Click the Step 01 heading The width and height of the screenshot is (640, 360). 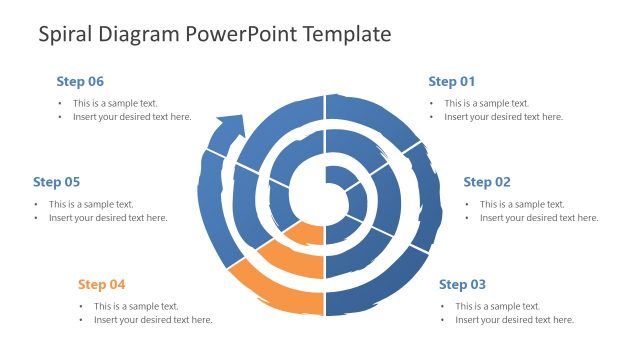click(x=451, y=81)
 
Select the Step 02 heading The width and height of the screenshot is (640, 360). click(x=487, y=182)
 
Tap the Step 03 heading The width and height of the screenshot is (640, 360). click(x=462, y=284)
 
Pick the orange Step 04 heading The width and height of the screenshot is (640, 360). click(x=101, y=284)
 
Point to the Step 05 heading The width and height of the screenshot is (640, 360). click(x=56, y=182)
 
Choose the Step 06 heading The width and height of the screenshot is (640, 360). click(x=80, y=81)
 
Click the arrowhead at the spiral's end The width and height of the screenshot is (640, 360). click(x=230, y=127)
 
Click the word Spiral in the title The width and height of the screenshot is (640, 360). click(x=67, y=34)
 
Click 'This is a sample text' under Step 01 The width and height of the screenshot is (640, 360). click(x=487, y=103)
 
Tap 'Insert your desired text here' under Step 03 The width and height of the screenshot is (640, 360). click(x=514, y=320)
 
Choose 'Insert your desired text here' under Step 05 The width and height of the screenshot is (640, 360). click(x=108, y=218)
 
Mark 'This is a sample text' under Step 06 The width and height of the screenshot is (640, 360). click(x=115, y=103)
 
